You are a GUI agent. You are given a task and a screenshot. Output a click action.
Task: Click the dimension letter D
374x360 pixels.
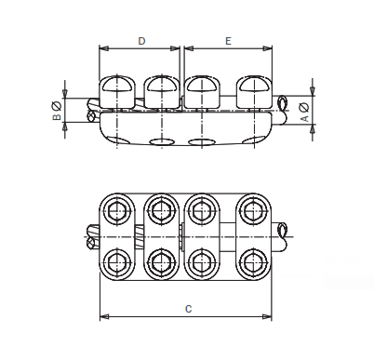pos(140,41)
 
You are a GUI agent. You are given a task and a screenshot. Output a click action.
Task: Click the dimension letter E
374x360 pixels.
pos(228,41)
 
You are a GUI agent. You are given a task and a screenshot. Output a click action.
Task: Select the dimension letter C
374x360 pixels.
pos(188,309)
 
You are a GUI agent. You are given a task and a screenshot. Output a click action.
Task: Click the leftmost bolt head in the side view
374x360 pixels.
pos(118,90)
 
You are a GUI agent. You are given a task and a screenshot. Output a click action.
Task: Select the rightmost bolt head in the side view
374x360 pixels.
pos(253,90)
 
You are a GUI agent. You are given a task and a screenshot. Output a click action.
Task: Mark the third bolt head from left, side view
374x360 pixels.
pos(202,90)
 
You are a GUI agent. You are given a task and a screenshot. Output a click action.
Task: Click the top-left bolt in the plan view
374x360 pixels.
pos(117,212)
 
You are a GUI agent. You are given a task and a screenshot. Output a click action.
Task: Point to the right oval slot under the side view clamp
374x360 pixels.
pos(202,142)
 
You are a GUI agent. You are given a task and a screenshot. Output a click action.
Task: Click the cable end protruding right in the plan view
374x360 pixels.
pos(283,234)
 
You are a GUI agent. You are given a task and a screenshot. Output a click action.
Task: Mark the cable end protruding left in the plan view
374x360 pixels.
pos(91,236)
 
